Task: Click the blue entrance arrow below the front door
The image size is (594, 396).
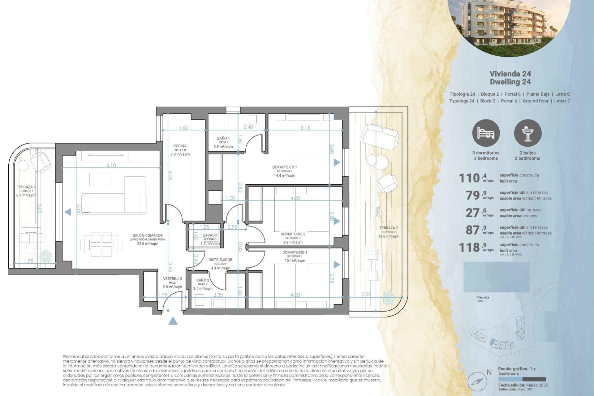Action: click(x=173, y=321)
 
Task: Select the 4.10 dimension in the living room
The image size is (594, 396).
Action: click(x=111, y=166)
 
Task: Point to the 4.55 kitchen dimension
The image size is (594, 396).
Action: click(x=170, y=175)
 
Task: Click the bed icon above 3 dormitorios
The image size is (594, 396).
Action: click(x=486, y=133)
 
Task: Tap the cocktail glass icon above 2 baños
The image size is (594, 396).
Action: click(x=527, y=133)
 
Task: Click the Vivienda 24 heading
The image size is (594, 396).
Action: click(x=510, y=74)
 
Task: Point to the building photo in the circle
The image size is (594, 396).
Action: click(x=509, y=25)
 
